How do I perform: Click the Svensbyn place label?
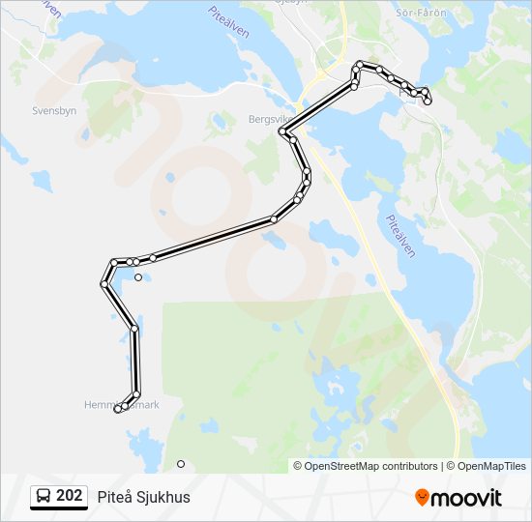point(54,110)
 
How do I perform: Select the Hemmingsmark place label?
point(121,405)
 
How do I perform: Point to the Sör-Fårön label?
point(422,12)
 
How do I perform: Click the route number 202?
point(69,496)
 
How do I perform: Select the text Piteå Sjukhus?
point(143,497)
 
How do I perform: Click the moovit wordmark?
point(466,498)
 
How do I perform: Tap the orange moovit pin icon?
point(422,498)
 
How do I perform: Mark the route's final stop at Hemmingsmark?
point(118,410)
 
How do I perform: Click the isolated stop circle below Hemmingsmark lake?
point(181,464)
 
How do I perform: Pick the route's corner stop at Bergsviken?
point(281,131)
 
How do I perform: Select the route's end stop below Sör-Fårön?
point(428,101)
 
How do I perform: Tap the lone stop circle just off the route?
point(138,277)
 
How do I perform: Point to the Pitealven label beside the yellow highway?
point(400,235)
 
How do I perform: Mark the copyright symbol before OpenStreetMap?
point(299,466)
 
